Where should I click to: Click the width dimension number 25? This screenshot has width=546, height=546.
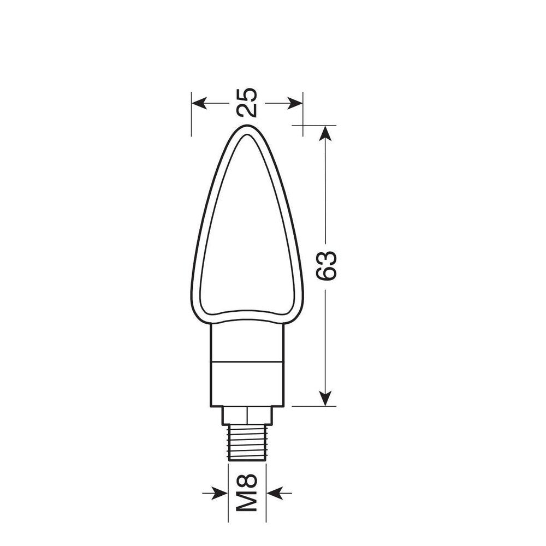(x=247, y=103)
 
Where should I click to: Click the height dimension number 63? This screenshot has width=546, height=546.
(x=327, y=266)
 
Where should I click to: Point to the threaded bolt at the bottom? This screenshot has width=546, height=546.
(x=247, y=443)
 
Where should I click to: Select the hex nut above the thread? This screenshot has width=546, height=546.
(x=247, y=415)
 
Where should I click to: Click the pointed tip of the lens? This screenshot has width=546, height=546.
(x=247, y=126)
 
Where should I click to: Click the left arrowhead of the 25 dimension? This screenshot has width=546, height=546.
(x=199, y=103)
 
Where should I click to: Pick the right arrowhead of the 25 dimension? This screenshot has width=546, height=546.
(x=295, y=103)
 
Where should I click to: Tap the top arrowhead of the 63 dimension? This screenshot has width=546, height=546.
(x=325, y=133)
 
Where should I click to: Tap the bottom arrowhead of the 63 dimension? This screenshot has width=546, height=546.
(x=325, y=399)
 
